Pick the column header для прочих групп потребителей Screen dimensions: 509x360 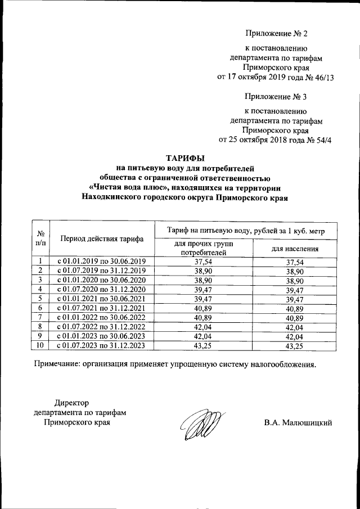pos(204,248)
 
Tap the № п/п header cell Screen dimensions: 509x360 pos(40,239)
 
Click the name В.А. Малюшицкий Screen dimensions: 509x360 pos(298,422)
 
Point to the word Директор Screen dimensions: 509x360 pos(71,403)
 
